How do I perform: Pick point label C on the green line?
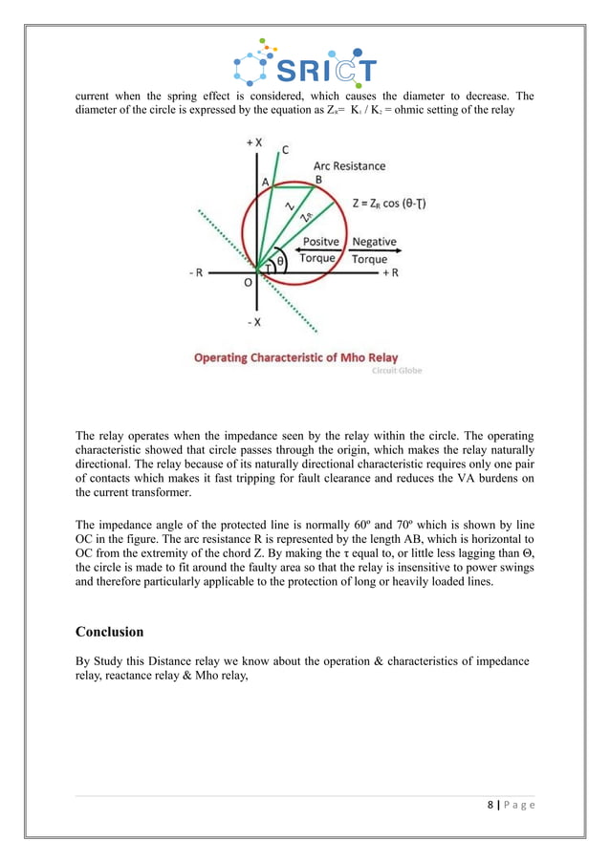(285, 149)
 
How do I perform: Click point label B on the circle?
(318, 180)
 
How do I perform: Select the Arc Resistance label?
(350, 165)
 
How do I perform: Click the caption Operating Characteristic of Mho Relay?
(295, 358)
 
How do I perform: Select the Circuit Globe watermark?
(396, 371)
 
